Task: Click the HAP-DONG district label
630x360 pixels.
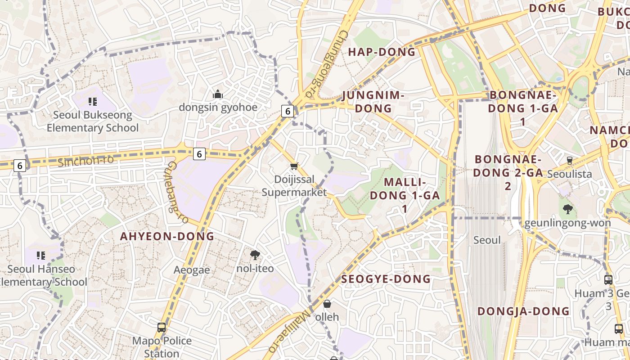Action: (x=382, y=52)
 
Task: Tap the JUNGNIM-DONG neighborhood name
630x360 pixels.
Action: (x=373, y=102)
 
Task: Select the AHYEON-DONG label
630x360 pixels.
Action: (x=167, y=236)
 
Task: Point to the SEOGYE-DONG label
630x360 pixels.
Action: (x=386, y=279)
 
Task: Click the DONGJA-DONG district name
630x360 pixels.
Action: (x=523, y=311)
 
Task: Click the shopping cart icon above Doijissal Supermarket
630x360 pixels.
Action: (x=294, y=166)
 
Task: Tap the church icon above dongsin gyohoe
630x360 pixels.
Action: (x=218, y=94)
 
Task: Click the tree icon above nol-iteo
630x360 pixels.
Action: (x=255, y=256)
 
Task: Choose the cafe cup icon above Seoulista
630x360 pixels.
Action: (x=569, y=161)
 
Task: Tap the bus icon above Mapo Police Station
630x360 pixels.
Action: (x=162, y=328)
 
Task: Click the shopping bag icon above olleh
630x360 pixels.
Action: (x=327, y=304)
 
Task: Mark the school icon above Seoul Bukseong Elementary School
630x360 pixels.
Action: (x=93, y=102)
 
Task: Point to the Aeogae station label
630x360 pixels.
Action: (x=192, y=270)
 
